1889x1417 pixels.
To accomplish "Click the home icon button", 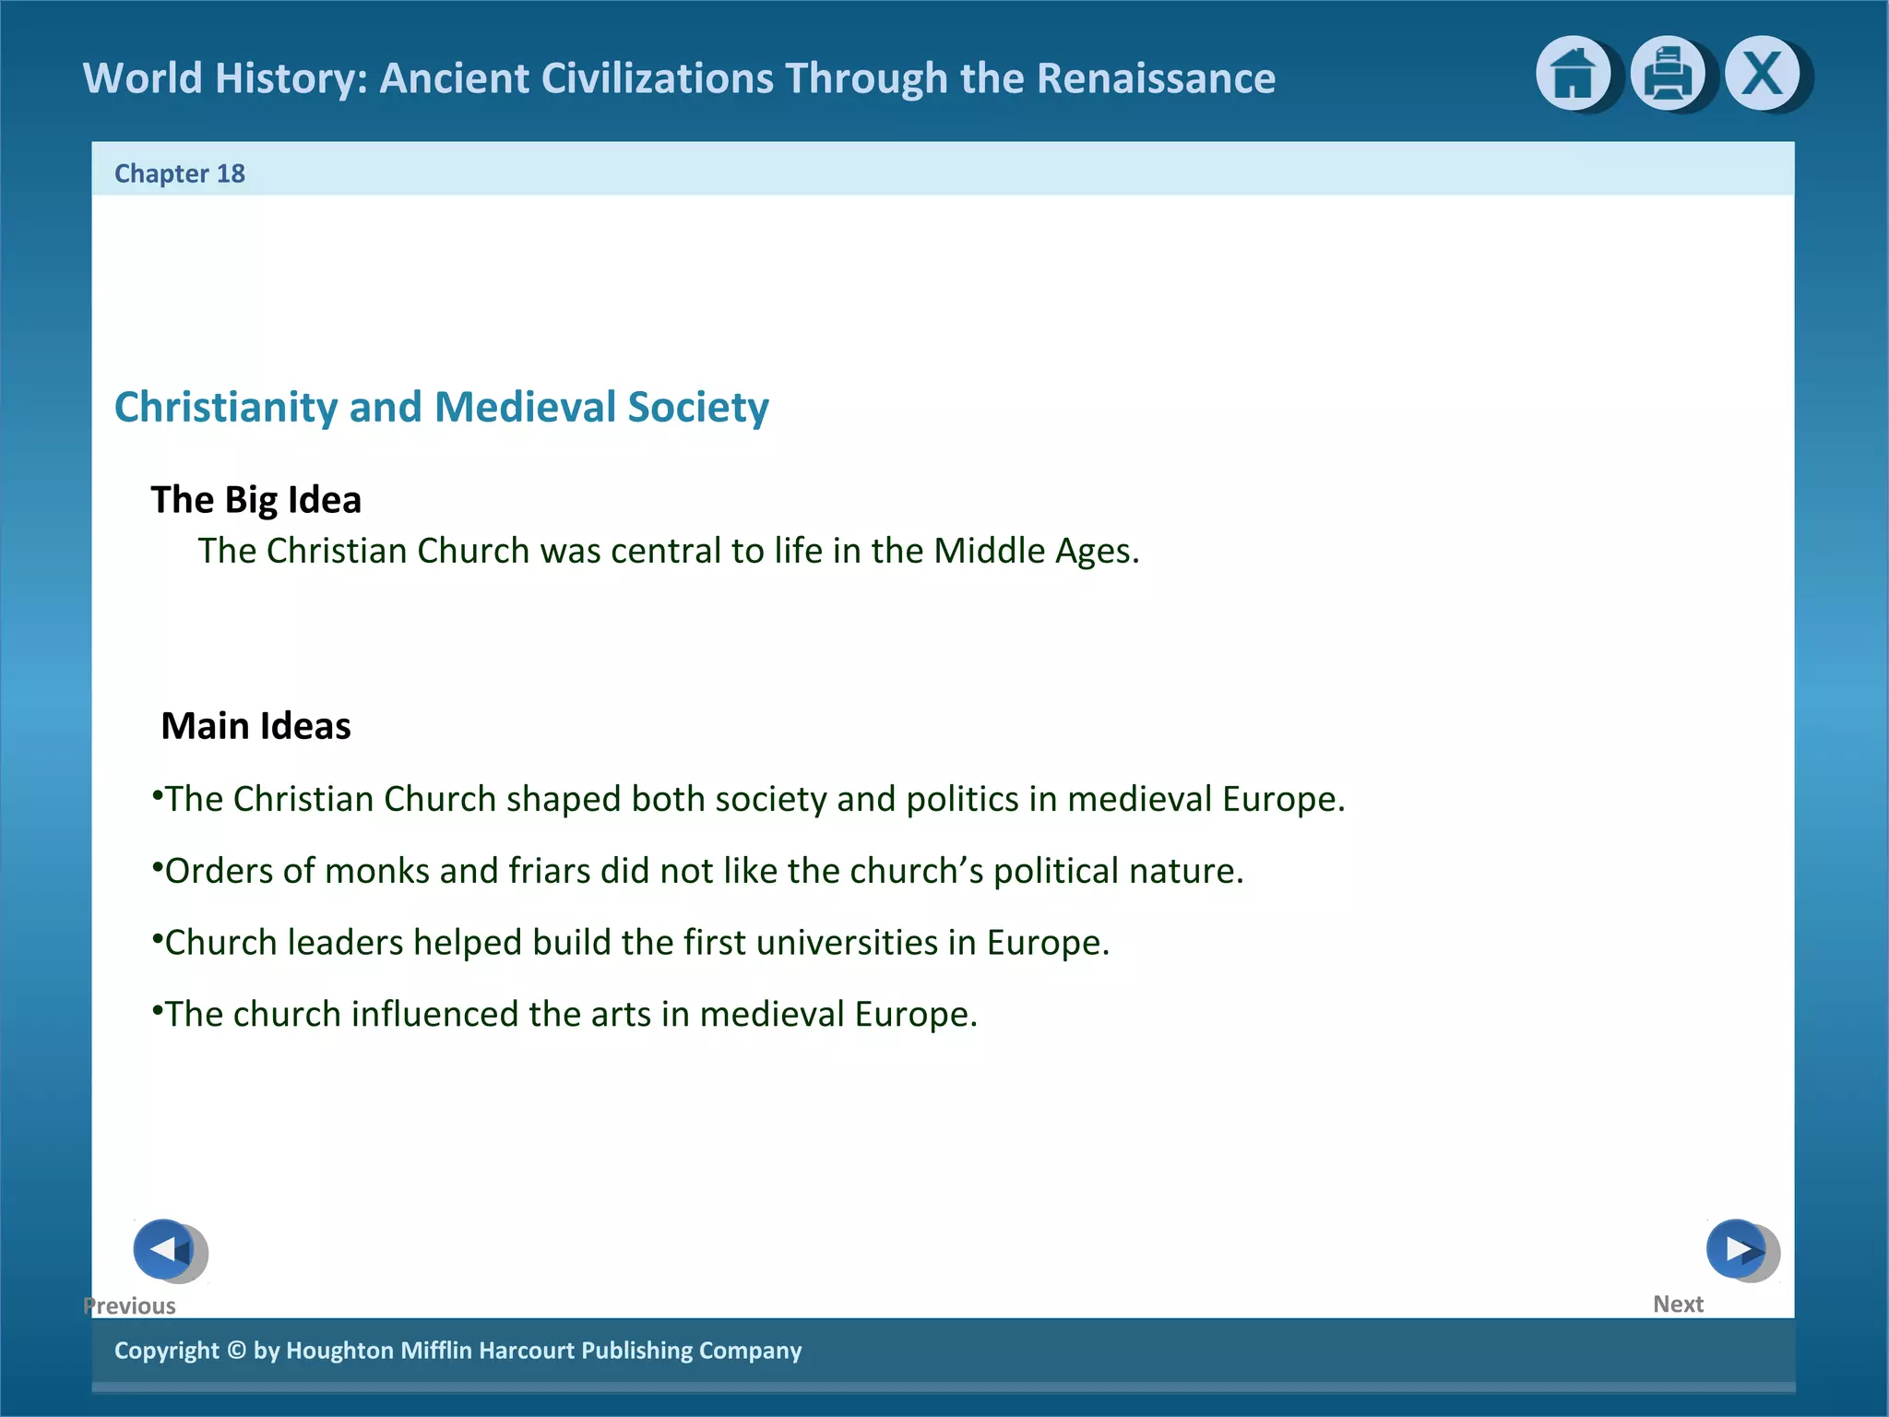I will point(1573,74).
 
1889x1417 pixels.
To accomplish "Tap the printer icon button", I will point(1668,74).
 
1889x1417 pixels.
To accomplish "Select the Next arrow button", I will point(1738,1250).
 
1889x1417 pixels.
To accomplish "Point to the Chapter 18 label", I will point(180,173).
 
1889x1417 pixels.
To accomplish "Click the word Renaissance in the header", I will point(1156,78).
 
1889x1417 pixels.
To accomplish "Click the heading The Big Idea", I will point(255,500).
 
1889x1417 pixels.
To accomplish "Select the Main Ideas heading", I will point(255,726).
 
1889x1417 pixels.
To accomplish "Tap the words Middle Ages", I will point(1036,551).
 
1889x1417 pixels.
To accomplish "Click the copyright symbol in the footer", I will point(236,1351).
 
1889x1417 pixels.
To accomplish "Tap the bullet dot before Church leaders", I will point(157,937).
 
